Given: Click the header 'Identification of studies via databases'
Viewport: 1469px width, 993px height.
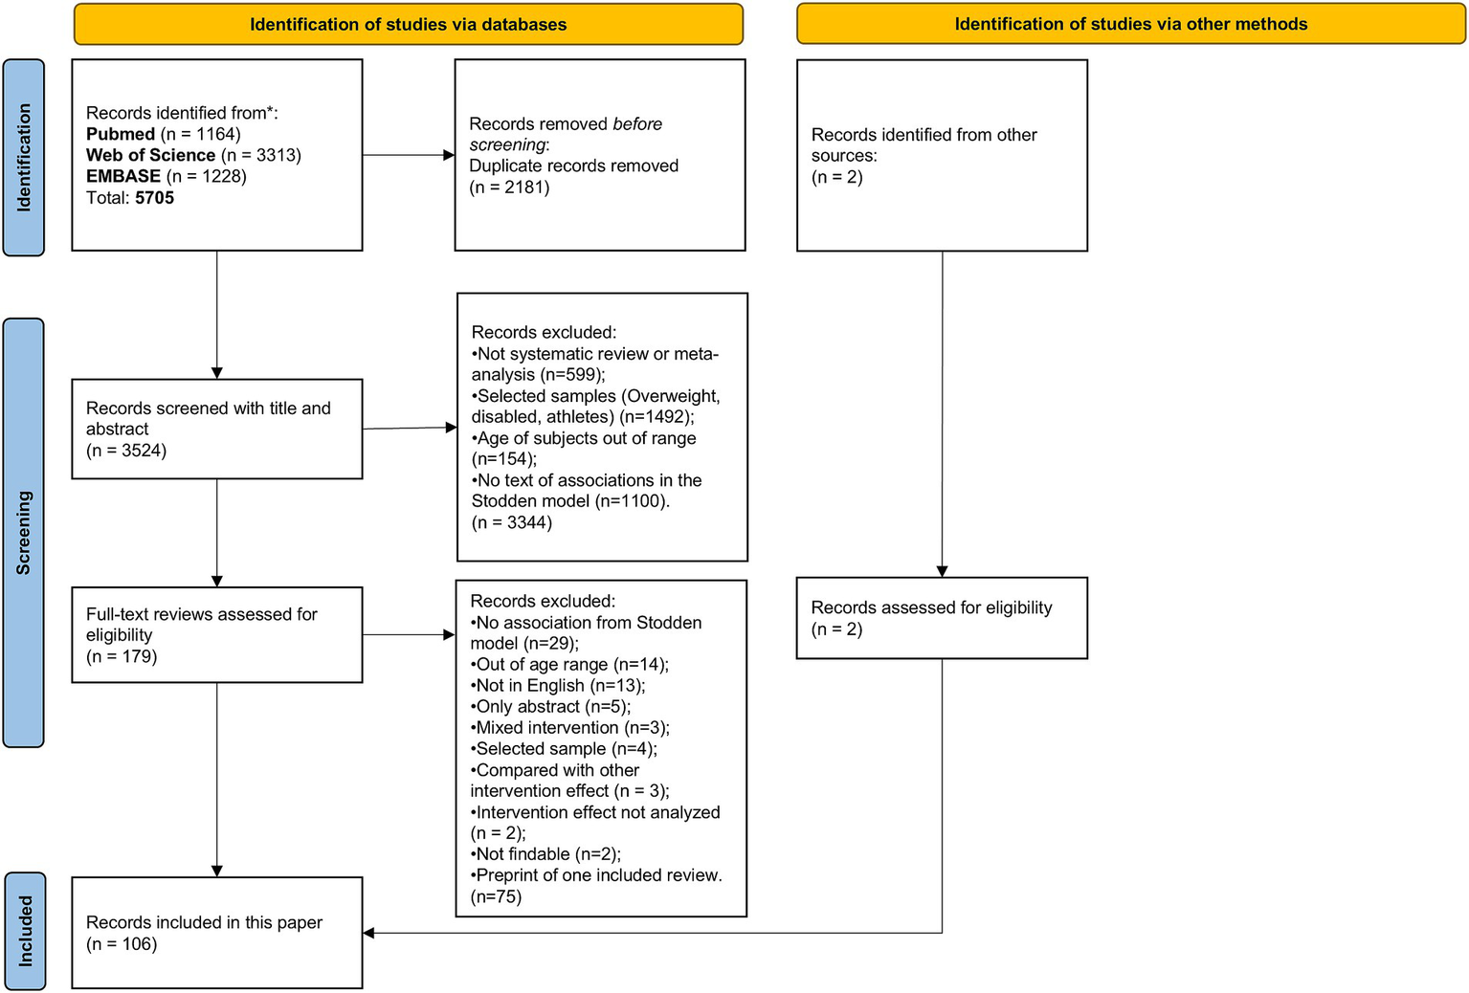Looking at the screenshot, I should (408, 25).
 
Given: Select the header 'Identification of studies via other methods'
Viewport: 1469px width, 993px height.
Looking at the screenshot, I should (1130, 25).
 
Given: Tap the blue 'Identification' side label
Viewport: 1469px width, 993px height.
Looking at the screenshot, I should (24, 158).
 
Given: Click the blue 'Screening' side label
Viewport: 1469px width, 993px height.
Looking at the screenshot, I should (24, 533).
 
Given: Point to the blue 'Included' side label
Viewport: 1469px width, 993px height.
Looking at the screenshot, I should (25, 931).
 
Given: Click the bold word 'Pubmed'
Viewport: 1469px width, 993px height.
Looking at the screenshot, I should (121, 134).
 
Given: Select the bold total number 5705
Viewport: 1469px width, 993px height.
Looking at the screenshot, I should (154, 198).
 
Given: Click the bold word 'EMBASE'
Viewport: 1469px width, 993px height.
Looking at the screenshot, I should (123, 176).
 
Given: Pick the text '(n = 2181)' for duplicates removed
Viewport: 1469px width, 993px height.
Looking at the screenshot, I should (509, 188).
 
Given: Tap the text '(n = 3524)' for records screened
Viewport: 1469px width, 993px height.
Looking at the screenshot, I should (126, 451).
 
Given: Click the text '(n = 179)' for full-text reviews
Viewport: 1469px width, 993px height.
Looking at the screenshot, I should (122, 657).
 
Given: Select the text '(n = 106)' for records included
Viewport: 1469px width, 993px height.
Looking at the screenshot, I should (122, 944).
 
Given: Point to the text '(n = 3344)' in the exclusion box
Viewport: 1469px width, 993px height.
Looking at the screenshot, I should (511, 522).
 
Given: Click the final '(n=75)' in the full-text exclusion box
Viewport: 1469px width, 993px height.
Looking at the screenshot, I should (496, 896).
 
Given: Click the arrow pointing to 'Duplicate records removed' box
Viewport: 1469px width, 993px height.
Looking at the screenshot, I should (448, 155).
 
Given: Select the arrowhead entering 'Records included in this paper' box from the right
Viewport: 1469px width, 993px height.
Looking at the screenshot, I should (369, 933).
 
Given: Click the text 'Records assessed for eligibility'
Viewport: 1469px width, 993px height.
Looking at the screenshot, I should (931, 607).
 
